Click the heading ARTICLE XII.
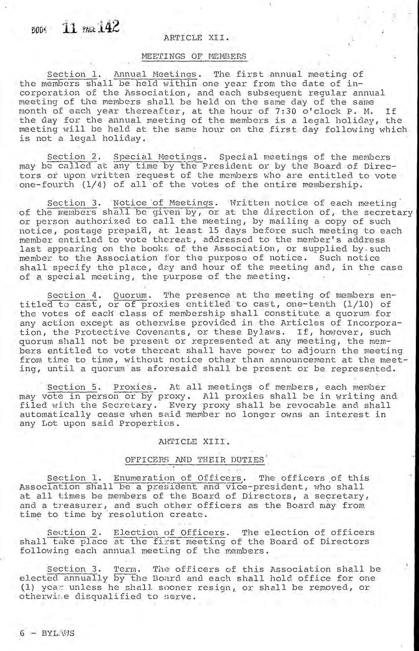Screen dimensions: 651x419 [196, 38]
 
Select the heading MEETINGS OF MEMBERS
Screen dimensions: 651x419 [194, 56]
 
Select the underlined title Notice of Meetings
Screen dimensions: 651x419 [164, 203]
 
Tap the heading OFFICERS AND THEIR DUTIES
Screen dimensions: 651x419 [194, 460]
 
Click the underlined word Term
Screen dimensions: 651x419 [124, 569]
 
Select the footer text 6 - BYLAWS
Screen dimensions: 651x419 [47, 633]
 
